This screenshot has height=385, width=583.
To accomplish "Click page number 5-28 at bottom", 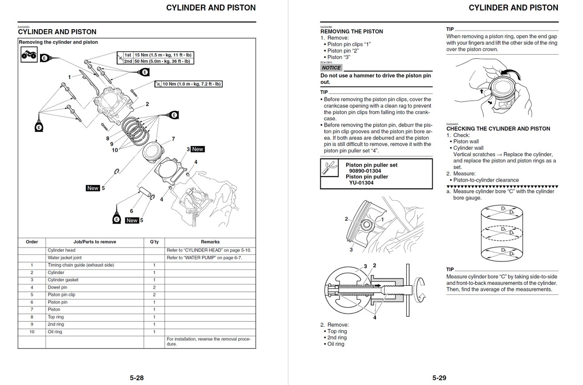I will click(x=137, y=378).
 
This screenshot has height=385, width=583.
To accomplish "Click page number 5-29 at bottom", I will click(x=439, y=378).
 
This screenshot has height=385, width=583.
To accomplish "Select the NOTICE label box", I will click(x=332, y=67).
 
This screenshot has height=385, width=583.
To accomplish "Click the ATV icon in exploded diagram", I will click(x=29, y=55).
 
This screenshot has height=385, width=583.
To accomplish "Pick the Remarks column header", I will click(x=210, y=242).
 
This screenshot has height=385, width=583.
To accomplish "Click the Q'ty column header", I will click(x=154, y=242).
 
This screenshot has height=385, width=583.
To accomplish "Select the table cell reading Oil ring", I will click(x=55, y=332).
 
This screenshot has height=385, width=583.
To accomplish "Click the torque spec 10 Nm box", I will click(x=189, y=84).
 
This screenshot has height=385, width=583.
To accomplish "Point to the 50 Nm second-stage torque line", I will click(x=157, y=61).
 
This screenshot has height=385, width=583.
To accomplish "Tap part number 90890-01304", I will click(x=365, y=171).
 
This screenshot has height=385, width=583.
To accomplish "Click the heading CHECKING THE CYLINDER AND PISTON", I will click(x=498, y=129).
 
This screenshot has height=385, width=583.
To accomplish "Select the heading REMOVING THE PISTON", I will click(x=351, y=31).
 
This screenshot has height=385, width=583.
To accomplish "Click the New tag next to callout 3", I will click(x=198, y=149).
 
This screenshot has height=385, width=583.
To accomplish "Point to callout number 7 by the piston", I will click(x=173, y=139).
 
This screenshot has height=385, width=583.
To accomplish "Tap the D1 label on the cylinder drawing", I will click(x=503, y=208).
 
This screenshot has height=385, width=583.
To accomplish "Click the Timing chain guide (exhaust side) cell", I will click(x=81, y=265).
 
